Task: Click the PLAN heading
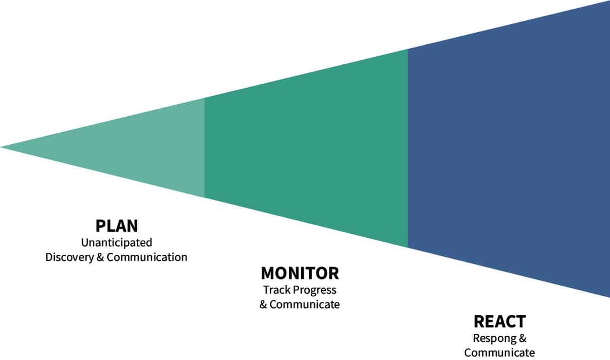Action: [x=117, y=225]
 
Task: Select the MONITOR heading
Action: [x=300, y=273]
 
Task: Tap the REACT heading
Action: [x=499, y=321]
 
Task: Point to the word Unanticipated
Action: [x=117, y=242]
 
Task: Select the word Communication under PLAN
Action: [x=147, y=257]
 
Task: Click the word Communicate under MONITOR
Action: [x=305, y=304]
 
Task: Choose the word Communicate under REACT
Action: [x=499, y=353]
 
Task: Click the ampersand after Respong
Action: [x=522, y=339]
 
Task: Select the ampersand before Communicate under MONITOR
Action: [x=264, y=304]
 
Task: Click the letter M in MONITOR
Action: [x=269, y=273]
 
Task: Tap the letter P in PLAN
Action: [x=100, y=225]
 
